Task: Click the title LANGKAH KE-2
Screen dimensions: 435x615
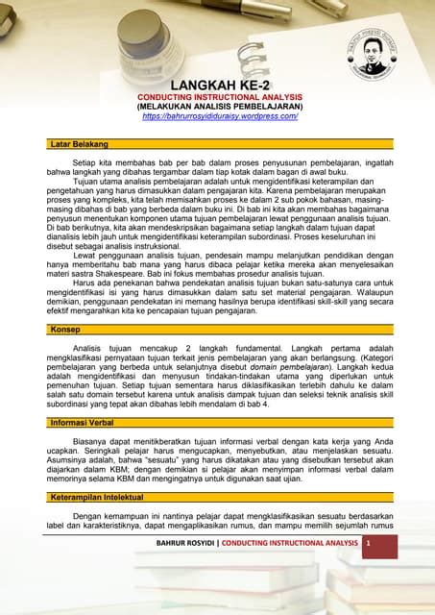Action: [220, 86]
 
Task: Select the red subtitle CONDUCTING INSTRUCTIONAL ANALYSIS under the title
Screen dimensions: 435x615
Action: [220, 97]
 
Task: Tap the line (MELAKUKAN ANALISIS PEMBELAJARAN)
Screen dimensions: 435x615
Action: [220, 106]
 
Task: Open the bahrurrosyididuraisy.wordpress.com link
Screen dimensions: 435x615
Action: [220, 115]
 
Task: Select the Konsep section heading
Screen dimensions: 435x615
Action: [64, 329]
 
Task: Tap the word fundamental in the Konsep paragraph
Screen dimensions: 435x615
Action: [288, 347]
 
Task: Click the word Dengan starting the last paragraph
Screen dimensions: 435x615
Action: [88, 515]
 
